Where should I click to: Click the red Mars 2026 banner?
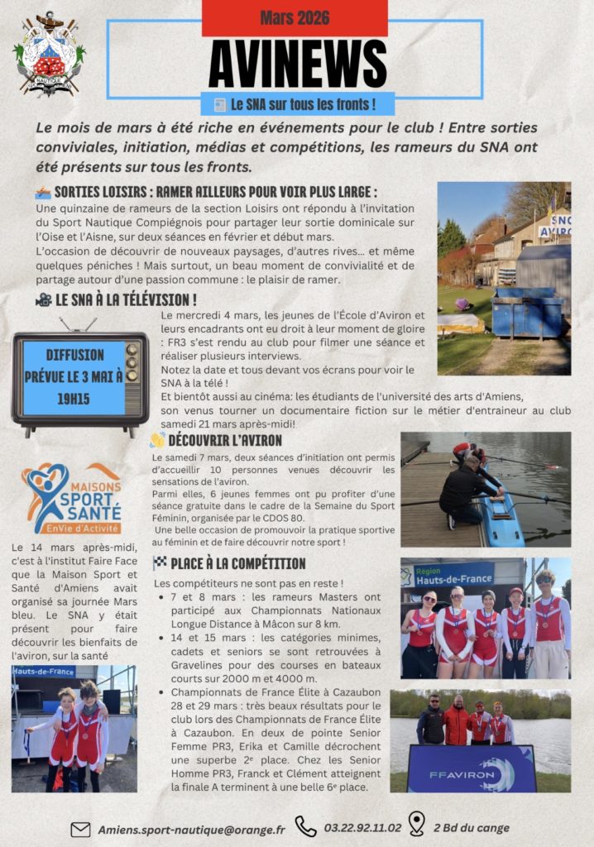(x=295, y=18)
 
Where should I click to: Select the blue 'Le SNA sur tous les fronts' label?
(x=297, y=105)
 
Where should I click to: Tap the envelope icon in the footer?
(x=80, y=829)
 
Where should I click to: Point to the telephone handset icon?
(x=306, y=827)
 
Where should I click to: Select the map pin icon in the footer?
(x=417, y=824)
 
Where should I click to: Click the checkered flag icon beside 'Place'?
(x=160, y=563)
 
